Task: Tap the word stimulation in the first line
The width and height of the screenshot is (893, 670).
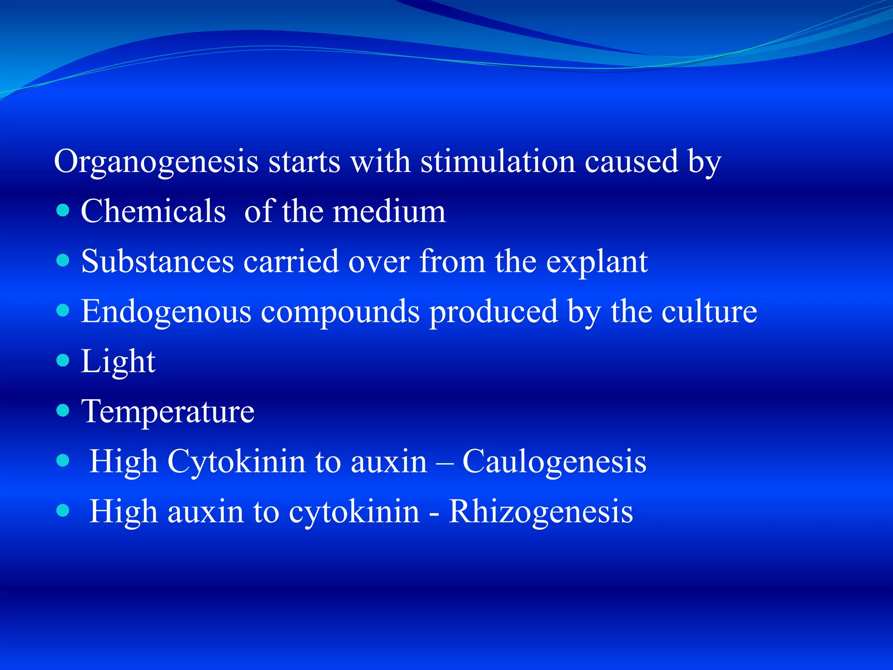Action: point(497,161)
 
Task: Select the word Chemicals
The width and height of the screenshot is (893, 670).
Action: point(153,212)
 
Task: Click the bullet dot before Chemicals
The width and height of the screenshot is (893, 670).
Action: point(63,211)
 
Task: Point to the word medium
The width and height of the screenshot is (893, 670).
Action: point(389,212)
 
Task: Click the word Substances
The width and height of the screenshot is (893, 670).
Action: point(157,262)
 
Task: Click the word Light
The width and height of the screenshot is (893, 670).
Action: point(118,362)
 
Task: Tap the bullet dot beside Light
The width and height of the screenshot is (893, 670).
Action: point(63,360)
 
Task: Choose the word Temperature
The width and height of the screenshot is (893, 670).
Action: point(168,412)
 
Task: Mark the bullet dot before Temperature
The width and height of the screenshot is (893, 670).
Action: point(63,410)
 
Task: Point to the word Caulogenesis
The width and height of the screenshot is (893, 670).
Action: point(554,461)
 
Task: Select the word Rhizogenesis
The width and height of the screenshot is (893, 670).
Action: point(541,511)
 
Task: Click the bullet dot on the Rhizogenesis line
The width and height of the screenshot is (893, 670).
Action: point(63,510)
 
